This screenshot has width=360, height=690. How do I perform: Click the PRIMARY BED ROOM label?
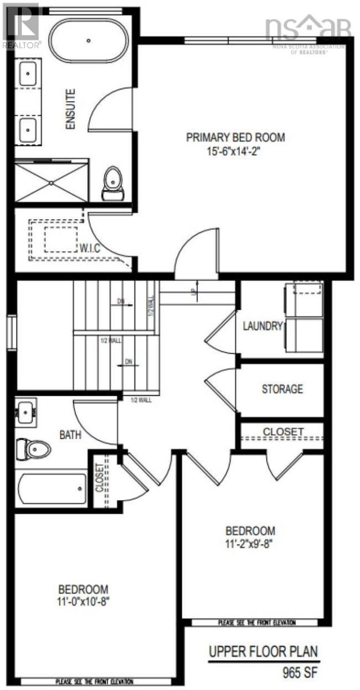[x=235, y=137]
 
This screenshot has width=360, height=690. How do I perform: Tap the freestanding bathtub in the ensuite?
[x=88, y=40]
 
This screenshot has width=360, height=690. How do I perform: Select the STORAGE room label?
[x=282, y=389]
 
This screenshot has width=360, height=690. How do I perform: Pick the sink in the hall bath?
[x=25, y=412]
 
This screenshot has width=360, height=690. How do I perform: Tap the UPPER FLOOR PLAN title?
[x=263, y=653]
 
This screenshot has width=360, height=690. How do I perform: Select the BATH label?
[x=70, y=435]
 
